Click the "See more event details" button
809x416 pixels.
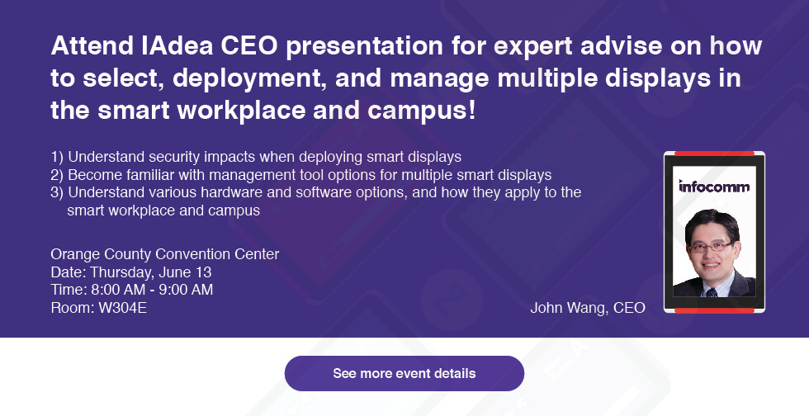[x=404, y=373]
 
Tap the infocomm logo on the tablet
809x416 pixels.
[x=714, y=187]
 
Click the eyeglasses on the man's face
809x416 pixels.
[x=712, y=246]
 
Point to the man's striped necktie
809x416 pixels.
[x=712, y=292]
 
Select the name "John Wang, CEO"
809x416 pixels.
[x=588, y=308]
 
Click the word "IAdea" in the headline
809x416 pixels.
[x=177, y=45]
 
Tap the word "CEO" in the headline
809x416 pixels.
[x=249, y=45]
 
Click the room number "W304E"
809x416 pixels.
[x=122, y=308]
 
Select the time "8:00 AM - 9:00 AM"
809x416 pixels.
[x=152, y=290]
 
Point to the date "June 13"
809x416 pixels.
[x=185, y=272]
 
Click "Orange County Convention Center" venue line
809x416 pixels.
[x=165, y=254]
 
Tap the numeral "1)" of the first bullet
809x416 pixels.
[x=57, y=157]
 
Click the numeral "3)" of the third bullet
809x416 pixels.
[x=57, y=192]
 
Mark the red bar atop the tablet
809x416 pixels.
[x=714, y=154]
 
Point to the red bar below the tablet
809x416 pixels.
[x=714, y=310]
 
